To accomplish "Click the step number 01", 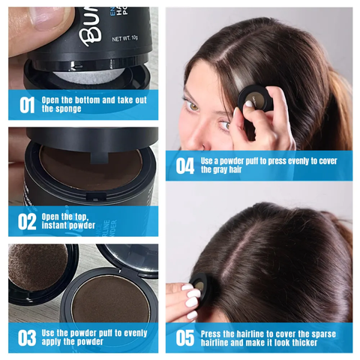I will (27, 104).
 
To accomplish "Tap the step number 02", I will (27, 221).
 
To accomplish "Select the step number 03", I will (27, 337).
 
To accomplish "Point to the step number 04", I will (184, 165).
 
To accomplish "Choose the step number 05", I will (184, 337).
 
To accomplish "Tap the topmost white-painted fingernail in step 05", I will (187, 288).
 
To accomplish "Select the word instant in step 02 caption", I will (60, 225).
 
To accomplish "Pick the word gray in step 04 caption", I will (213, 169).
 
